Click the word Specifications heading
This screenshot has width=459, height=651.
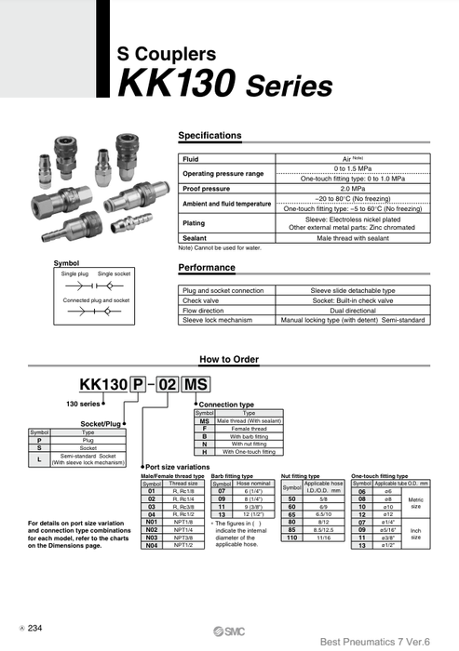click(x=209, y=136)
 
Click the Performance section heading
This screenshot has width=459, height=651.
click(x=207, y=268)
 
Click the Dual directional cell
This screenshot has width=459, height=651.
click(x=353, y=310)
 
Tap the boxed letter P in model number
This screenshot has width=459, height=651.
click(x=138, y=386)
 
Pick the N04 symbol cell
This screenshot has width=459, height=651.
click(x=152, y=546)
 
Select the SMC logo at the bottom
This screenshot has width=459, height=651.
click(x=230, y=629)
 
